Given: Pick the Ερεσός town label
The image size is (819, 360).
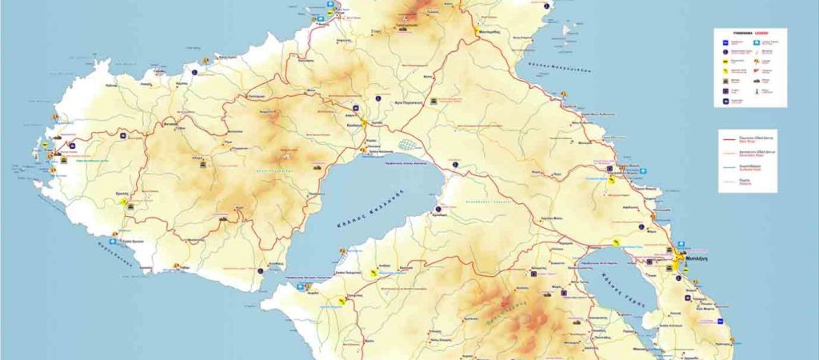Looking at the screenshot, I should (122, 194).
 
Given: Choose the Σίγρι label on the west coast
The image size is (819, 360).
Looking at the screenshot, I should (50, 150).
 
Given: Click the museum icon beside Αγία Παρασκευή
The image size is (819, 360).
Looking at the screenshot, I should (433, 102).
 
